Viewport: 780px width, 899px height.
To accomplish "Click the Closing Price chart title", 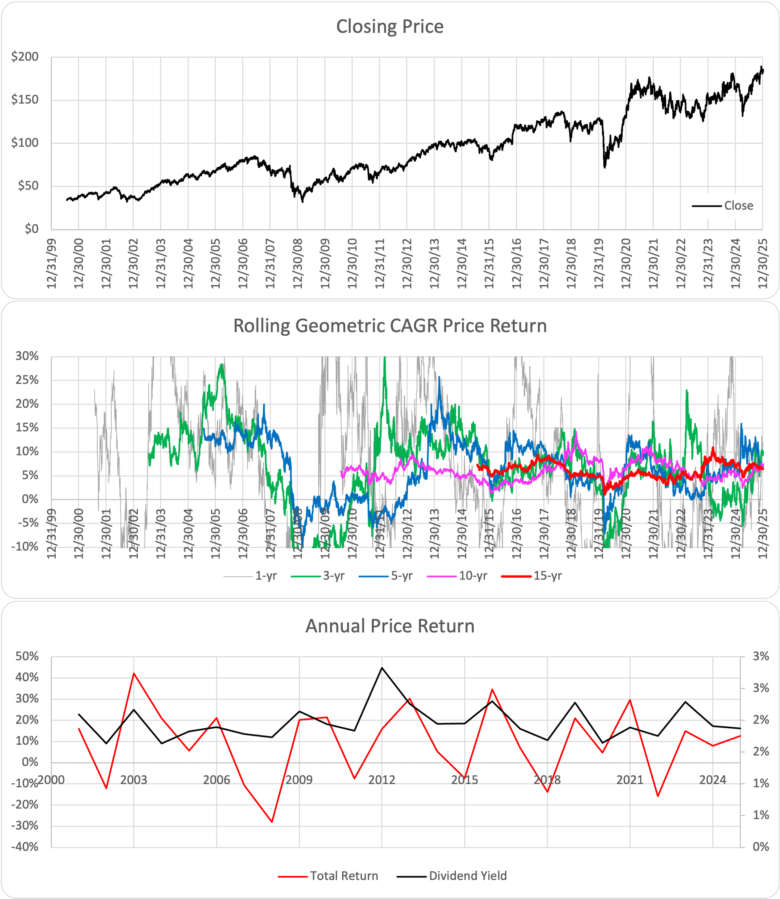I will click(x=390, y=26).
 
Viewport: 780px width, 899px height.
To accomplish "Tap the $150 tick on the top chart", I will click(x=25, y=100).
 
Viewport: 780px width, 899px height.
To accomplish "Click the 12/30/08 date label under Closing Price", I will click(x=298, y=263).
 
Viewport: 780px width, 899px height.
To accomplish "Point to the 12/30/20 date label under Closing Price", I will click(x=626, y=263).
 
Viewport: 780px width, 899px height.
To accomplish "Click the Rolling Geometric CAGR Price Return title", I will click(x=390, y=326).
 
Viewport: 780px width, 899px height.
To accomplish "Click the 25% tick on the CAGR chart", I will click(x=27, y=380).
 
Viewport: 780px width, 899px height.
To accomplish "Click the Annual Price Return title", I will click(x=390, y=626).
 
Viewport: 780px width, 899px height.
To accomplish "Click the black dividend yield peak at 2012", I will click(x=382, y=667).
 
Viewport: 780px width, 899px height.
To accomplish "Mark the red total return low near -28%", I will click(x=272, y=822).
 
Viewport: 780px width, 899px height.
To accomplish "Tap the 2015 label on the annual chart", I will click(x=464, y=780).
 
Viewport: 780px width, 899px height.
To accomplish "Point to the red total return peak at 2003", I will click(x=134, y=673).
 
